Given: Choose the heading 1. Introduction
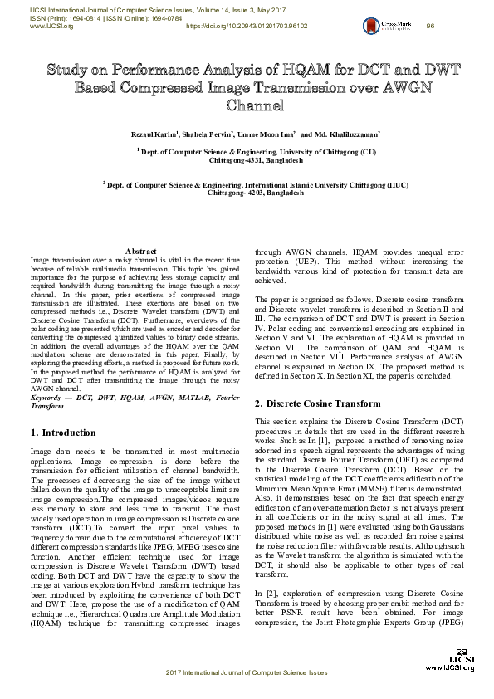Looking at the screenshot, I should [x=63, y=433].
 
